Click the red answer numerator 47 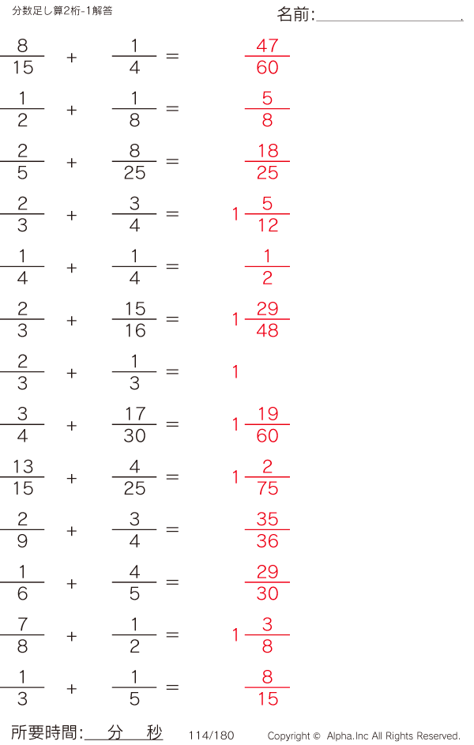click(267, 46)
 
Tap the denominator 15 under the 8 click(23, 67)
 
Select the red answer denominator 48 click(267, 331)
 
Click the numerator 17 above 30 click(135, 414)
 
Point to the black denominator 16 click(135, 331)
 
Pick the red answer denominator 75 click(267, 488)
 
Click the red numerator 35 click(267, 519)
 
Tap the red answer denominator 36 click(267, 541)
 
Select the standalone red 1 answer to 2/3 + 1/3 click(235, 371)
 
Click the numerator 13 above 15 click(23, 467)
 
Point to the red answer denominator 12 click(268, 225)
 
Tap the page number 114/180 click(211, 736)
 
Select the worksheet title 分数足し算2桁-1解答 click(62, 10)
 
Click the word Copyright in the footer click(289, 736)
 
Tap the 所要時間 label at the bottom click(43, 732)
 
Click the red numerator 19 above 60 click(268, 414)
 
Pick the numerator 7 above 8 click(22, 624)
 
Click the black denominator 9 click(22, 541)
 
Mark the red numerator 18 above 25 click(268, 151)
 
